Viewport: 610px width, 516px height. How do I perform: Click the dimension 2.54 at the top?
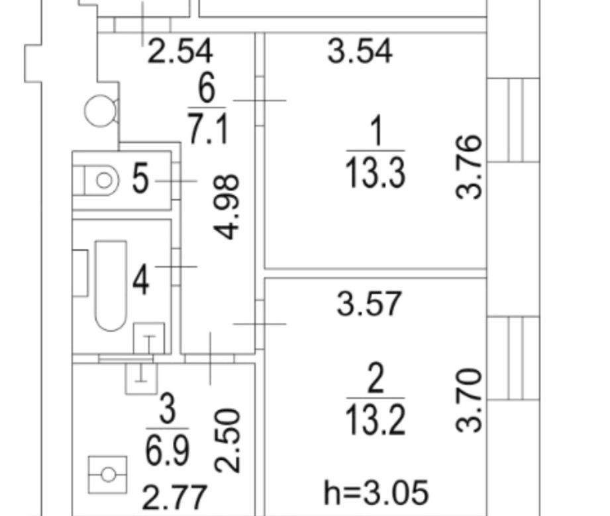click(x=180, y=51)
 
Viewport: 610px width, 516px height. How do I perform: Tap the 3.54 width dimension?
click(x=360, y=51)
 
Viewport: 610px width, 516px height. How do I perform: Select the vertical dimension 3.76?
click(x=469, y=167)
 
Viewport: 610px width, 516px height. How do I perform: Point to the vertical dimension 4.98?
click(x=227, y=206)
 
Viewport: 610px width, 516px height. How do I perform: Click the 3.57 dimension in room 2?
click(x=369, y=304)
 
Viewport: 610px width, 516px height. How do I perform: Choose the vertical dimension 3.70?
click(x=469, y=400)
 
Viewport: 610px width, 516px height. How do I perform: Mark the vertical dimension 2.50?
click(x=228, y=440)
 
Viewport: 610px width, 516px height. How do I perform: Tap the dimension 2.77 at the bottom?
click(x=174, y=497)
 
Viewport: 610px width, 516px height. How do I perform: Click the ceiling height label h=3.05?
click(x=376, y=492)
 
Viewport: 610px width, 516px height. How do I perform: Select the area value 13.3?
click(x=376, y=173)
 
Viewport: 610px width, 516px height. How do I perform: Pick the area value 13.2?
click(x=376, y=420)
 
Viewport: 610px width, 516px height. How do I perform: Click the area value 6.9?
click(x=168, y=451)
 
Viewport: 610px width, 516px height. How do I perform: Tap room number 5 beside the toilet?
click(x=140, y=179)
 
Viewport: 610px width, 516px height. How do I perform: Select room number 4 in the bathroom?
click(x=140, y=279)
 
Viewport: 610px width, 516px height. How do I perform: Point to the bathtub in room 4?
click(x=111, y=286)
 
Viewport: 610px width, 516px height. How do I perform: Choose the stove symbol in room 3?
click(x=108, y=475)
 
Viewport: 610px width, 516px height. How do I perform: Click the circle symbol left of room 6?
click(x=101, y=110)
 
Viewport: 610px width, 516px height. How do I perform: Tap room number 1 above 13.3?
click(x=376, y=132)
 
